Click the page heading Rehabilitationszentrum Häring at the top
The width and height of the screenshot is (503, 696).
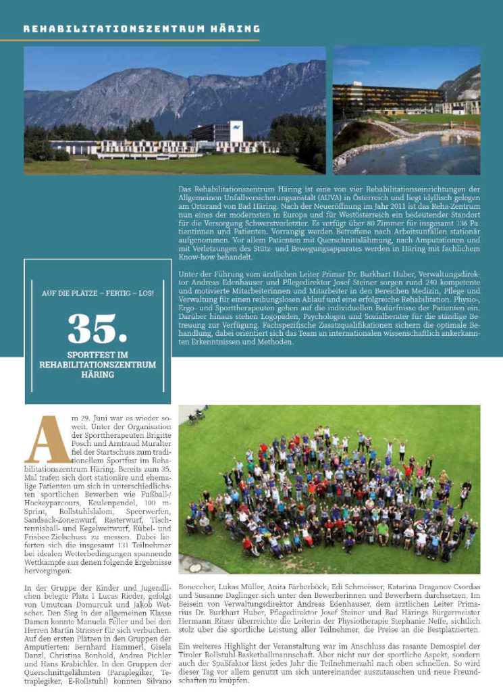click(141, 29)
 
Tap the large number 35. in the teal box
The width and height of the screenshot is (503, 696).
click(98, 328)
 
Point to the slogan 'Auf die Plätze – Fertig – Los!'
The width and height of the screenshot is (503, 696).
click(98, 293)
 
